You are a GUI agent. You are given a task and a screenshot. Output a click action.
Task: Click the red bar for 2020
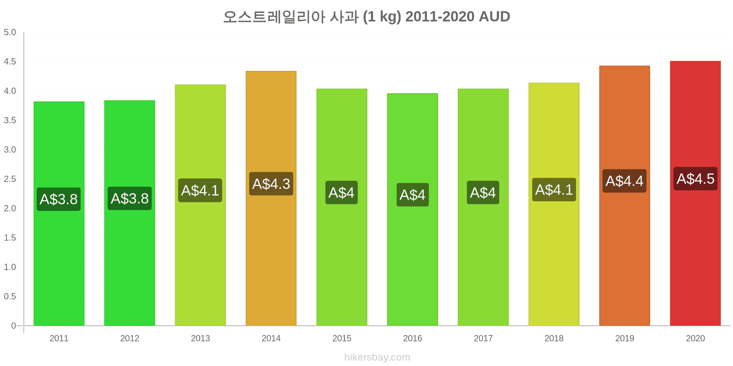[695, 193]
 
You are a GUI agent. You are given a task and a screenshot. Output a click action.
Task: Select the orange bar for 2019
[625, 196]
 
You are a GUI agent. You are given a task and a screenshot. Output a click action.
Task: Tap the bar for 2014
[271, 199]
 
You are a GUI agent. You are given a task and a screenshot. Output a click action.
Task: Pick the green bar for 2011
[59, 214]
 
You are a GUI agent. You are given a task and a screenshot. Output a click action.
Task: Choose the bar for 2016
[413, 210]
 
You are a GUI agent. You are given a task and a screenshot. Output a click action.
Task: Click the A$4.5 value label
[695, 179]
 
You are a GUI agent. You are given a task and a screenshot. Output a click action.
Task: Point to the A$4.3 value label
[271, 183]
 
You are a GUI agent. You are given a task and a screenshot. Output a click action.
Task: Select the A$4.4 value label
[625, 181]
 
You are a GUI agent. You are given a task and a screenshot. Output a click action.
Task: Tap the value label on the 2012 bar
[130, 199]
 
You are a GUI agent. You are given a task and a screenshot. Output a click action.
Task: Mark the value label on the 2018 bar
[554, 189]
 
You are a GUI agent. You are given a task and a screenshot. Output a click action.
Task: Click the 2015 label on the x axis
[342, 338]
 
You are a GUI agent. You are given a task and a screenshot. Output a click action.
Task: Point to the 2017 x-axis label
[483, 338]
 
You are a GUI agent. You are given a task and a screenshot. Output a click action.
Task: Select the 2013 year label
[200, 338]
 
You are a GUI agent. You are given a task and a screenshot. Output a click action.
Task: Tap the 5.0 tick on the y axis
[10, 32]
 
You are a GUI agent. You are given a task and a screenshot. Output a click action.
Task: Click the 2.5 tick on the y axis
[10, 179]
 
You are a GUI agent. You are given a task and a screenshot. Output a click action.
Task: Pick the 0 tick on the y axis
[13, 325]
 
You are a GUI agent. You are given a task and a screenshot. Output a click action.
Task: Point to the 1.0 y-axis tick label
[10, 267]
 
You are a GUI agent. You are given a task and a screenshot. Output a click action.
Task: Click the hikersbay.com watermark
[377, 357]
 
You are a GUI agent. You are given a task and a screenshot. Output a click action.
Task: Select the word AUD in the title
[494, 16]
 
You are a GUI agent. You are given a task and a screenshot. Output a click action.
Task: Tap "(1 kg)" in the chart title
[382, 17]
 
